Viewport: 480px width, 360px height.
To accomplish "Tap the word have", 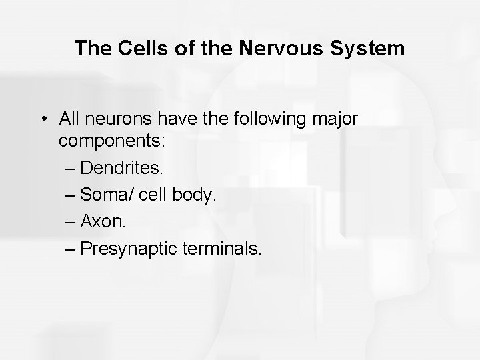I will [183, 120].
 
